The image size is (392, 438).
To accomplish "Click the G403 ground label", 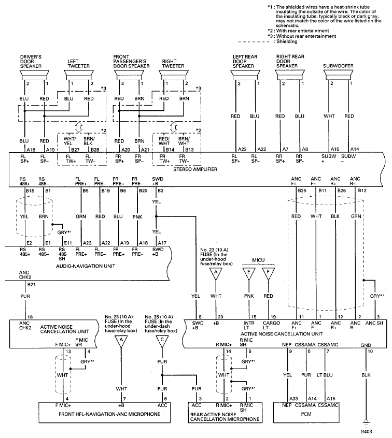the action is pos(366,431).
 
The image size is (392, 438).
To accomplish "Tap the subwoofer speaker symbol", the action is pos(338,75).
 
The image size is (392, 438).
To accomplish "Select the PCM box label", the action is pos(306,414).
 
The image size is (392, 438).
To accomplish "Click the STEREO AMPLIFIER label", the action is pos(195,169).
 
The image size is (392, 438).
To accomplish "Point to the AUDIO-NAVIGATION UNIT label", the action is pos(86,266).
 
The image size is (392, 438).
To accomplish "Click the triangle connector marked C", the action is pos(162,341).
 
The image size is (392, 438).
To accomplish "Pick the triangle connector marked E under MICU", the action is pos(249,273).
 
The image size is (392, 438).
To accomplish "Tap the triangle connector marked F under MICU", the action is pos(268,273).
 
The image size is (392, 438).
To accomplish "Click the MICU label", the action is pos(258,260).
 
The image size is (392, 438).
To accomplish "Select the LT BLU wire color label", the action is pos(325,375).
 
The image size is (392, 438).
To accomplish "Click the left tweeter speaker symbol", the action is pos(79,75).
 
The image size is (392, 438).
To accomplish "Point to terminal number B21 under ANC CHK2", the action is pos(31,284).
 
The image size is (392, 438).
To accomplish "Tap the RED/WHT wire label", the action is pos(164,141).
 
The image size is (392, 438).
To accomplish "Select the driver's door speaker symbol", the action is pos(34,75).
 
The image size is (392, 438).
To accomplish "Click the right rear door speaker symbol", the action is pos(290,75).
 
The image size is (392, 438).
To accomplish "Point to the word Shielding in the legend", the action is pos(287,41).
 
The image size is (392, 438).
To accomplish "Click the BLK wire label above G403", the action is pos(366,375).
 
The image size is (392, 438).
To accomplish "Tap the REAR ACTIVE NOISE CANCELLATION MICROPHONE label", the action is pos(225,417).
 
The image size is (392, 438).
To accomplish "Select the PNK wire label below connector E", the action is pos(249,296).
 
